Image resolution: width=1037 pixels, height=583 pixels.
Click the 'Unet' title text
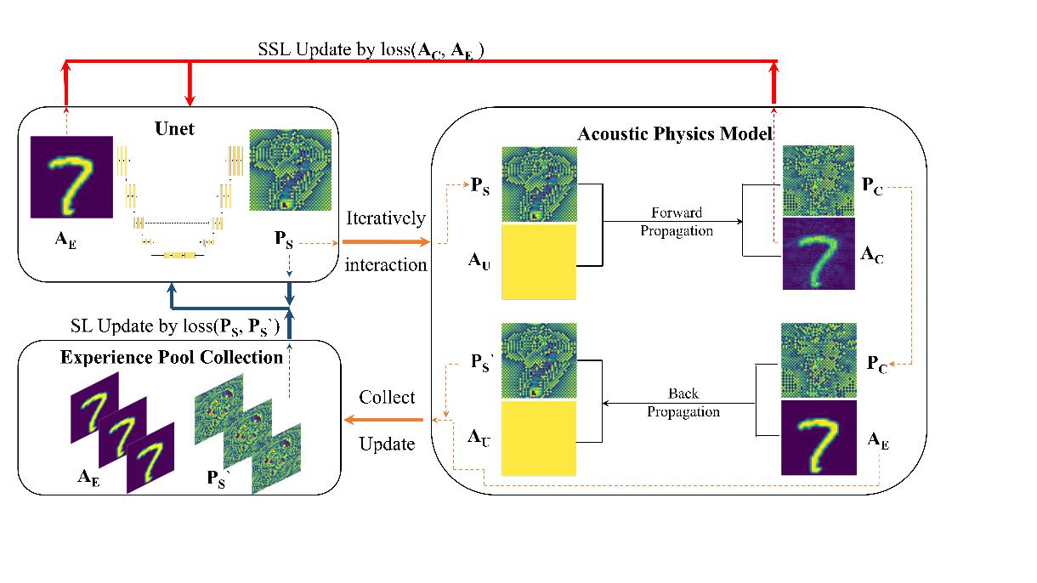point(174,129)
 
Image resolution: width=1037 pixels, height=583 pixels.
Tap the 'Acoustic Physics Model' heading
point(674,133)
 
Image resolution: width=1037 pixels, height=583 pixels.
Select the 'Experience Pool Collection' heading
point(172,357)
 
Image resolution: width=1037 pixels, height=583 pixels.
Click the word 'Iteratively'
point(385,218)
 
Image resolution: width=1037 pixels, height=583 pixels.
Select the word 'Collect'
point(387,397)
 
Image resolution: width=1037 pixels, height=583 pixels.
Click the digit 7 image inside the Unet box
point(72,177)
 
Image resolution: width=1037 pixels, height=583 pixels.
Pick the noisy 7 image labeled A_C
point(818,256)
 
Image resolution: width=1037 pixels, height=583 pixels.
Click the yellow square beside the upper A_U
point(539,261)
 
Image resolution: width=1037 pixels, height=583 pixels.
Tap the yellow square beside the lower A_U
point(539,438)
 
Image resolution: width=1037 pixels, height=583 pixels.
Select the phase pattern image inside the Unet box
point(286,170)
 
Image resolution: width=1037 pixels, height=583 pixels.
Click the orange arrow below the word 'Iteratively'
point(386,243)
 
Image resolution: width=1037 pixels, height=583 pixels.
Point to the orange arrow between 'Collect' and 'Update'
point(384,420)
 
